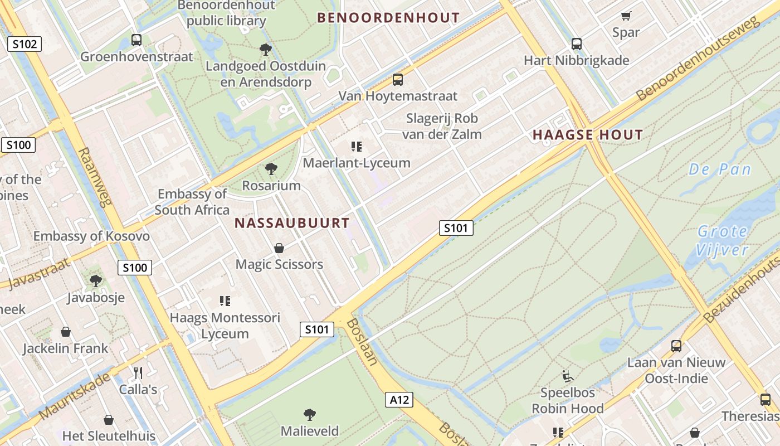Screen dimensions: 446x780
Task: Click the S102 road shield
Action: [x=25, y=44]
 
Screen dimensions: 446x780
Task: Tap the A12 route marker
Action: [x=399, y=399]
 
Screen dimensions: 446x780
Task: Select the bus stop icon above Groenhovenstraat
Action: [x=136, y=40]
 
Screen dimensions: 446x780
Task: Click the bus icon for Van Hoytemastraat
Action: [x=397, y=80]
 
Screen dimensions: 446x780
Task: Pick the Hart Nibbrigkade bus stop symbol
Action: [x=577, y=44]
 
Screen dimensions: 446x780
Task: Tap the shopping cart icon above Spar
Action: [x=626, y=16]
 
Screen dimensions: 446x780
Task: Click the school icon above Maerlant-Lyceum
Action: [x=357, y=147]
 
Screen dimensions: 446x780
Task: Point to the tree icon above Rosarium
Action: [x=271, y=169]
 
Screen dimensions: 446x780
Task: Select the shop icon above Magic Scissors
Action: [x=279, y=248]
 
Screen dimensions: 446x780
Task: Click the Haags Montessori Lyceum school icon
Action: [x=225, y=302]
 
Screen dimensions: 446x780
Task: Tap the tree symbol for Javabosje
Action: [x=96, y=281]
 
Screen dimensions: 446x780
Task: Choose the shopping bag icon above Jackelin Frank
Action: [x=66, y=332]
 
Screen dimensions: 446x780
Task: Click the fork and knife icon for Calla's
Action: [x=138, y=372]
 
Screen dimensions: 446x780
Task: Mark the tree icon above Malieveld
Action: [x=310, y=415]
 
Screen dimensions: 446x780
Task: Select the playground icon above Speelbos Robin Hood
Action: [x=568, y=376]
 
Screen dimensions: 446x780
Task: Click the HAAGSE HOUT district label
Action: [x=588, y=134]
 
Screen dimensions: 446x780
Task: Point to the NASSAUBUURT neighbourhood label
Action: [x=292, y=223]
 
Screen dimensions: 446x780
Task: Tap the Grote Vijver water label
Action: [x=723, y=240]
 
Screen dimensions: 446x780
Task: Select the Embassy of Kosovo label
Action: [x=91, y=236]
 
